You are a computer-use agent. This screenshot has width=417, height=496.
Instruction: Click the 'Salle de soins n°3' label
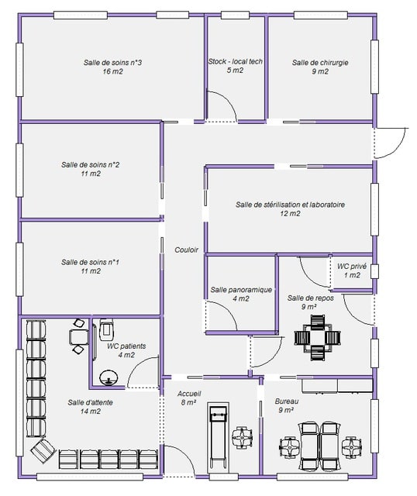pos(112,62)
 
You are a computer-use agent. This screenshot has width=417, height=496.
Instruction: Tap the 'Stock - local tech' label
pos(235,61)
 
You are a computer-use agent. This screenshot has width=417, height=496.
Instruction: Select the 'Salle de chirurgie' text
pos(320,62)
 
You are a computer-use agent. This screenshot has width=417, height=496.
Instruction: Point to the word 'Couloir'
pos(186,250)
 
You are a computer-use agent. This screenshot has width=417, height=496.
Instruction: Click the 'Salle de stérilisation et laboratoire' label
pos(290,205)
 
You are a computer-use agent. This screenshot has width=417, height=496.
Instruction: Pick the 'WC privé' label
pos(352,266)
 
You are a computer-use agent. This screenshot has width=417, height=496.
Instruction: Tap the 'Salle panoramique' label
pos(241,289)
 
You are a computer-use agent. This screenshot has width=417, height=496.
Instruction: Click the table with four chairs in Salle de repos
pos(317,338)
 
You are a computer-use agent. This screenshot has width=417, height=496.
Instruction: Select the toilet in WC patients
pos(107,329)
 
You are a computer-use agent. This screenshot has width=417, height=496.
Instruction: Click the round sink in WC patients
pos(109,377)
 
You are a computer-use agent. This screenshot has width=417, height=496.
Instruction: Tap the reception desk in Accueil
pos(218,438)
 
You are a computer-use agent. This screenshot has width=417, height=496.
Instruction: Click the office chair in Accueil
pos(242,437)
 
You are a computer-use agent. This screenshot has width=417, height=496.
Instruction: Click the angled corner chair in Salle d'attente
pos(43,450)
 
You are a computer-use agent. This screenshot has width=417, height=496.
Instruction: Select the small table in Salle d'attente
pos(79,337)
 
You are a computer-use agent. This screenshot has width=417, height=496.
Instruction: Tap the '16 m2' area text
pos(112,71)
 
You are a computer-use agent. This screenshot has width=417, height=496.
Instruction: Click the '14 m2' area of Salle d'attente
pos(91,412)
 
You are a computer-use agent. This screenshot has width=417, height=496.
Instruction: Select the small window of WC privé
pos(374,271)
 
